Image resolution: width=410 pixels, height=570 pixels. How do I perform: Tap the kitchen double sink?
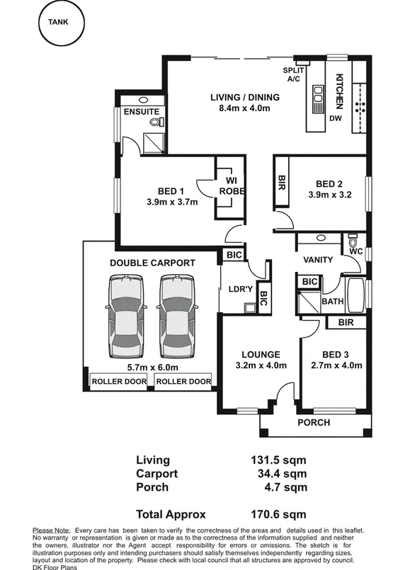[318, 99]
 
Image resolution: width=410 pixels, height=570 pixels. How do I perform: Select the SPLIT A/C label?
[293, 74]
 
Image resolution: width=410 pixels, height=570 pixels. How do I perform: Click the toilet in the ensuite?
[156, 122]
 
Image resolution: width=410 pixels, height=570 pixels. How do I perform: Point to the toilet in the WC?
[353, 241]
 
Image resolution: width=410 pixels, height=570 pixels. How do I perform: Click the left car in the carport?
[126, 317]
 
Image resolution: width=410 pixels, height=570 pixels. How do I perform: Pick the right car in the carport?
[177, 317]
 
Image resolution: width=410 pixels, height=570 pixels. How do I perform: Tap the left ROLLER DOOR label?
[119, 382]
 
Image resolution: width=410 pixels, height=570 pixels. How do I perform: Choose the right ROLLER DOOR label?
[183, 382]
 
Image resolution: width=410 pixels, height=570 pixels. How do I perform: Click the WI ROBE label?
[232, 186]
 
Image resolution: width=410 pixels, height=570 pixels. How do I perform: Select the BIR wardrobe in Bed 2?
[281, 182]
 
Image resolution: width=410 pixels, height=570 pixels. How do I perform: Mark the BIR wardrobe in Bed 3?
[346, 322]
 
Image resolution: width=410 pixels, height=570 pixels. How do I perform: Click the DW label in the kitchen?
[336, 118]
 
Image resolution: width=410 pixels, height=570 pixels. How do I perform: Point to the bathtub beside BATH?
[355, 295]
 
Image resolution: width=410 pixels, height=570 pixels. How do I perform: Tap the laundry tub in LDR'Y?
[250, 307]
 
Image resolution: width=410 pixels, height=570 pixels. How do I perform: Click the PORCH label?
[314, 423]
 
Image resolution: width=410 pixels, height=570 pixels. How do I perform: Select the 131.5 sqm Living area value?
[278, 460]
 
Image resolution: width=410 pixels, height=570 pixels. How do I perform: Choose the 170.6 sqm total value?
[278, 514]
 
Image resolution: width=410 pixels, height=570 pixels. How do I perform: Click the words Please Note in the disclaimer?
[51, 531]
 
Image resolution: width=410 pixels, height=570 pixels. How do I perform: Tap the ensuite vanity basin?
[144, 100]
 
